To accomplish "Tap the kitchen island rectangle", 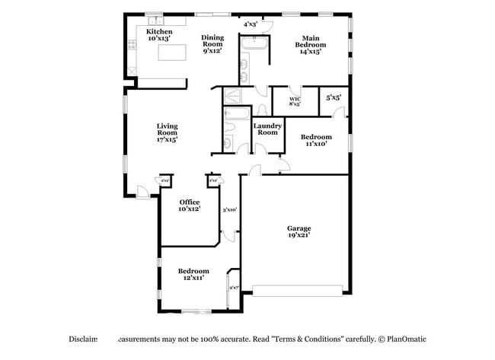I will [x=172, y=53].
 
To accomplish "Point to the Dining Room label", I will [x=212, y=44].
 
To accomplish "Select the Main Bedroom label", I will [x=310, y=45].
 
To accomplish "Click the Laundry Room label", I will [x=267, y=129].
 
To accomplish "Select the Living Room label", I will [x=167, y=132].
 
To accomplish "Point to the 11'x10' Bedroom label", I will [x=316, y=140].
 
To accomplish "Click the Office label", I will [x=190, y=205].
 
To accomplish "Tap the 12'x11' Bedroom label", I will [x=193, y=275].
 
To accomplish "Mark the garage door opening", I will [x=299, y=290].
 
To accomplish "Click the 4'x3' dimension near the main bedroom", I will [x=250, y=24].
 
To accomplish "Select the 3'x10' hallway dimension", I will [x=229, y=209].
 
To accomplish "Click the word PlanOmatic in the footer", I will [x=407, y=338].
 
